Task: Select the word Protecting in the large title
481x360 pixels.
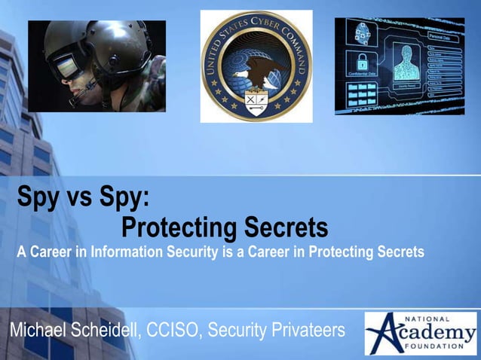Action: coord(179,226)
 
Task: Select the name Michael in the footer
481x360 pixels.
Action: coord(37,331)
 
